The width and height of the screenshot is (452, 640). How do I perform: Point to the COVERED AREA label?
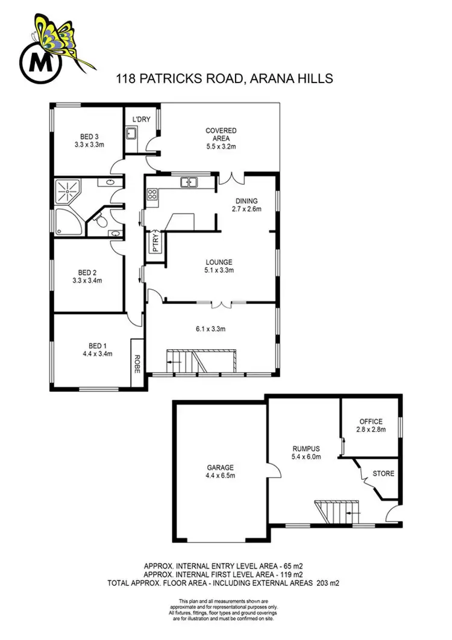tap(221, 131)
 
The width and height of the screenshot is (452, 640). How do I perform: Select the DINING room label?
tap(245, 201)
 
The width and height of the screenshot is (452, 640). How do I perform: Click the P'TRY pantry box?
tap(155, 241)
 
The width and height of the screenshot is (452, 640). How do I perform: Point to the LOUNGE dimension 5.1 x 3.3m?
tap(219, 270)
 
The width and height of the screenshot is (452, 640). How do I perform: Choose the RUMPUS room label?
tap(302, 448)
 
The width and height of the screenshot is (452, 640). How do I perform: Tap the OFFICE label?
tap(371, 421)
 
